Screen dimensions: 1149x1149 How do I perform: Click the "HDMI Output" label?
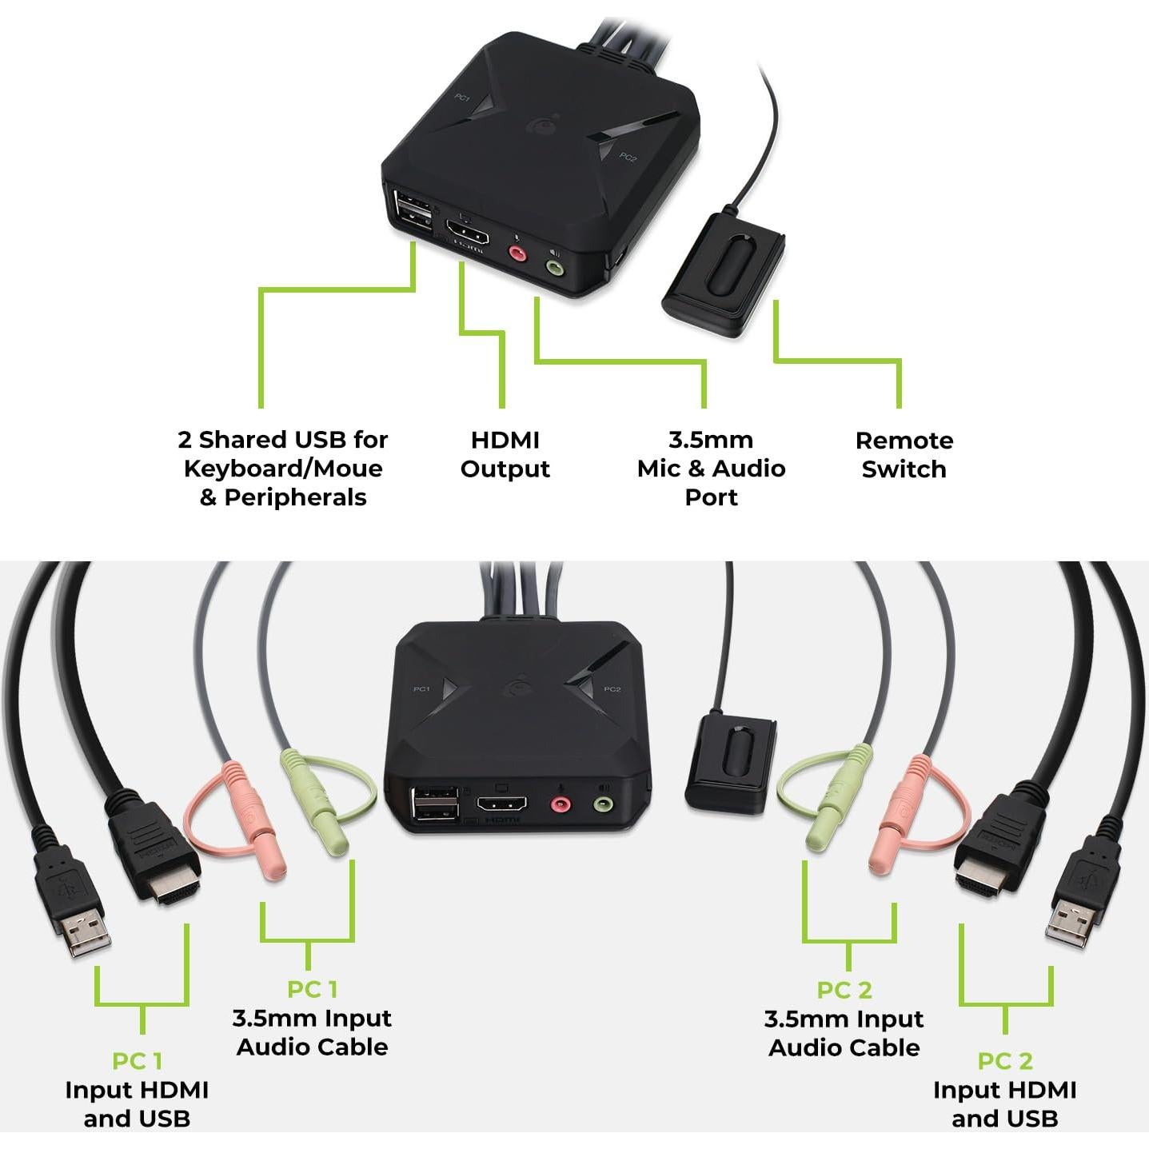(505, 454)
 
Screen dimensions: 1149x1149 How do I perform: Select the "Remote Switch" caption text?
(904, 454)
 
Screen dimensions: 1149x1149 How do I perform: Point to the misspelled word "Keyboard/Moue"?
(283, 469)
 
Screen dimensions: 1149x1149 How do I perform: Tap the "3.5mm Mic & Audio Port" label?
(711, 469)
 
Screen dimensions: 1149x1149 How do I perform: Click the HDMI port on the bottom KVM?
(502, 804)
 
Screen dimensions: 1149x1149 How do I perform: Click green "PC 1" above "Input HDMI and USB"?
(137, 1061)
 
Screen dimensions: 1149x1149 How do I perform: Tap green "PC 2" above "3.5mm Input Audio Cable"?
(844, 990)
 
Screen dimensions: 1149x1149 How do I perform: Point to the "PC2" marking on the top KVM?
(628, 158)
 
